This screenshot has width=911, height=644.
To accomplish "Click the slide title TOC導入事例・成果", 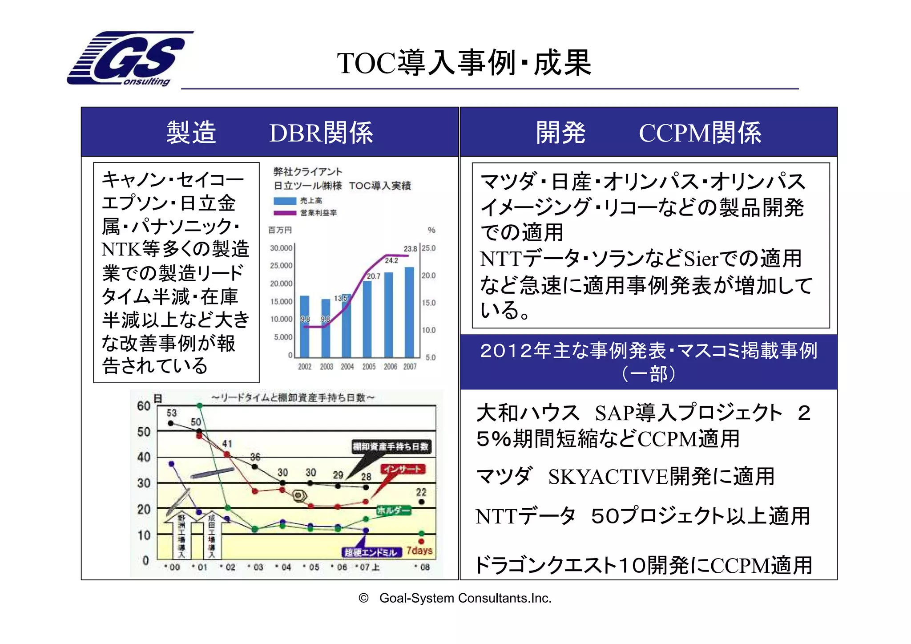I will pos(464,63).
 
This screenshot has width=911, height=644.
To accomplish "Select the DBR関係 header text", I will pos(321,133).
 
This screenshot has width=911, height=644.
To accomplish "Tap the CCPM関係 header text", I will pos(700,133).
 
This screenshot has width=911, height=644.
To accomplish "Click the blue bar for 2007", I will pos(409,312).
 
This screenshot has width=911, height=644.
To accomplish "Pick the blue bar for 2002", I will pos(305,326).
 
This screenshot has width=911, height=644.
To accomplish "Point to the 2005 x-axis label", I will pos(369,367).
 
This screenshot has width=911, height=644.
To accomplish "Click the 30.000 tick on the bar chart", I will pos(281,248).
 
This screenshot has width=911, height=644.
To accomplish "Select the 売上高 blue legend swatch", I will pos(285,201).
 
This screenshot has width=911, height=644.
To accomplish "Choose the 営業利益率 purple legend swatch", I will pos(285,213).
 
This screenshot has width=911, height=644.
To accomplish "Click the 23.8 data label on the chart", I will pos(410,249).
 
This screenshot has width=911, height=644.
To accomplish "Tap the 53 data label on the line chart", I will pos(171,413).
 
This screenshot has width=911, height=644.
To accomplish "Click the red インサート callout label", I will pos(403,469).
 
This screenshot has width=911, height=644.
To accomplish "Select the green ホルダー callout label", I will pos(394,510).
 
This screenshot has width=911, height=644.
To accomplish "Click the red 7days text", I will pos(419,551).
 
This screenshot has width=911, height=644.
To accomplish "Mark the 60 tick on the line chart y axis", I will pos(144,406).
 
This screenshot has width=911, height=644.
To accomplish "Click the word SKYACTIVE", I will pos(608,477).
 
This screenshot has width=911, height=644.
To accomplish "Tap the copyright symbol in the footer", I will pos(363,598).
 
